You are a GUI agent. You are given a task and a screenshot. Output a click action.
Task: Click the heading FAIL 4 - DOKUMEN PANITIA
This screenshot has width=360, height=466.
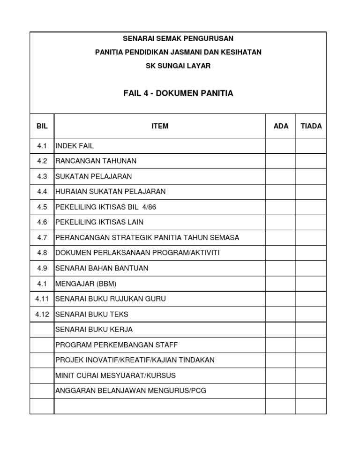click(x=178, y=93)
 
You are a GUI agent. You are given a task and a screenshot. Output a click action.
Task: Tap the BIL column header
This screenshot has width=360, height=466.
click(x=42, y=126)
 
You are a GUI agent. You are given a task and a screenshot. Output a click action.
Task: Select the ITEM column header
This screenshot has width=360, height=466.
click(x=160, y=126)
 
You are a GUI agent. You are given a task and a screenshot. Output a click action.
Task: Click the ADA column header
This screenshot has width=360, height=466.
click(x=281, y=126)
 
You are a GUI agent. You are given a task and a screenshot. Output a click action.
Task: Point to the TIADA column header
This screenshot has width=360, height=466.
click(x=311, y=126)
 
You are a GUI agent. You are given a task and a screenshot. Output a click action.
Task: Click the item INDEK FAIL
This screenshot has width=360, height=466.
click(x=75, y=146)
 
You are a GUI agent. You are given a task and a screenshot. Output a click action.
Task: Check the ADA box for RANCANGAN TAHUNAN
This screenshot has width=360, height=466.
click(x=281, y=161)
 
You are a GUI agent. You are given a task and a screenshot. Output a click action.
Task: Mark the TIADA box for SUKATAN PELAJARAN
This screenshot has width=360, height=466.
click(x=311, y=176)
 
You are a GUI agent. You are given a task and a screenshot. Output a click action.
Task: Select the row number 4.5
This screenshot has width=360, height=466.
click(x=42, y=207)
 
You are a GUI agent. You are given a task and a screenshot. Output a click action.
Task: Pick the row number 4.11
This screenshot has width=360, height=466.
click(x=42, y=299)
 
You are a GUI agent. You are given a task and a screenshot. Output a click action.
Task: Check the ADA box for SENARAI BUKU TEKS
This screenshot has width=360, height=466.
click(x=281, y=314)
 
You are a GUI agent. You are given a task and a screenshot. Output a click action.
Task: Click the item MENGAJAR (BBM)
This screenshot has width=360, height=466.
click(x=86, y=284)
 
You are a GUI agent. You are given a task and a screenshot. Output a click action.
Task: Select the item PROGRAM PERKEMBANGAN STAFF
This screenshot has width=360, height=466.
click(x=117, y=345)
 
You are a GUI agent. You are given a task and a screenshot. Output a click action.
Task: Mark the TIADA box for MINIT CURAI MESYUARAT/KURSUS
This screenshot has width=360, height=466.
click(x=311, y=376)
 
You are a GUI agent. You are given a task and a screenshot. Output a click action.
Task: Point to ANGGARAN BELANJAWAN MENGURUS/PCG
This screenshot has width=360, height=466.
click(x=131, y=391)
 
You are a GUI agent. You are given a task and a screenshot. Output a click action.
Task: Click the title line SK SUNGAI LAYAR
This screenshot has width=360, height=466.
click(x=178, y=66)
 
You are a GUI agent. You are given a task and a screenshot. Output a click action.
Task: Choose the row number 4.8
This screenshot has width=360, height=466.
click(x=42, y=253)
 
